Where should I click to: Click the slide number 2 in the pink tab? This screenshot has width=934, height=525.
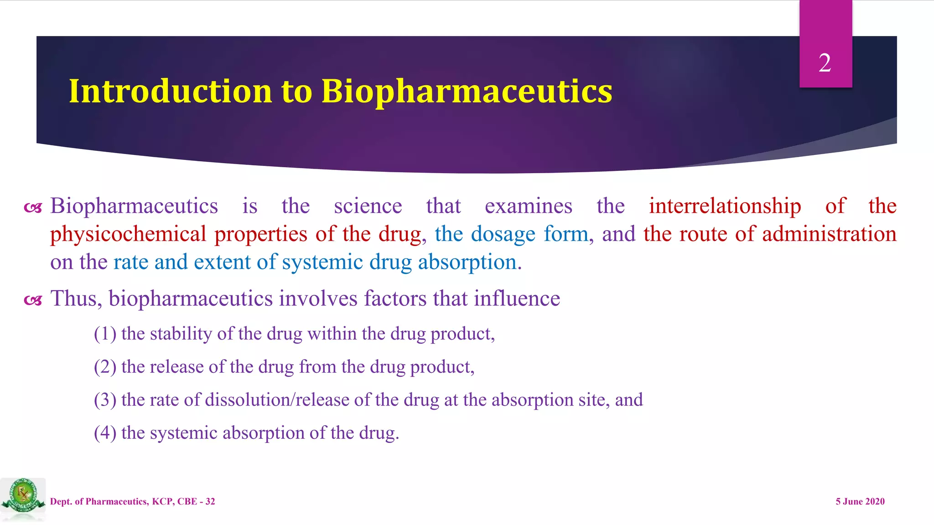[x=825, y=63]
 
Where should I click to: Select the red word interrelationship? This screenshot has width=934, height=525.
[x=725, y=206]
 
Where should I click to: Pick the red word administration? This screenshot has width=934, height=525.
[x=829, y=234]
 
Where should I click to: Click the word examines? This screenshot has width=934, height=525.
[x=528, y=206]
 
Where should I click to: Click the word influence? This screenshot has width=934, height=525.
[x=517, y=299]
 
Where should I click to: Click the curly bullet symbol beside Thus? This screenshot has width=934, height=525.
[x=33, y=300]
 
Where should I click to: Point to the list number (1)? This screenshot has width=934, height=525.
[x=105, y=334]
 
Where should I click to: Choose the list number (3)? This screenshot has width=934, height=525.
[x=105, y=400]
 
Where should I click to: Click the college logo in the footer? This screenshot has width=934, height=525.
[x=23, y=498]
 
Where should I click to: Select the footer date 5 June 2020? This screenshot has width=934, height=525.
[x=860, y=502]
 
